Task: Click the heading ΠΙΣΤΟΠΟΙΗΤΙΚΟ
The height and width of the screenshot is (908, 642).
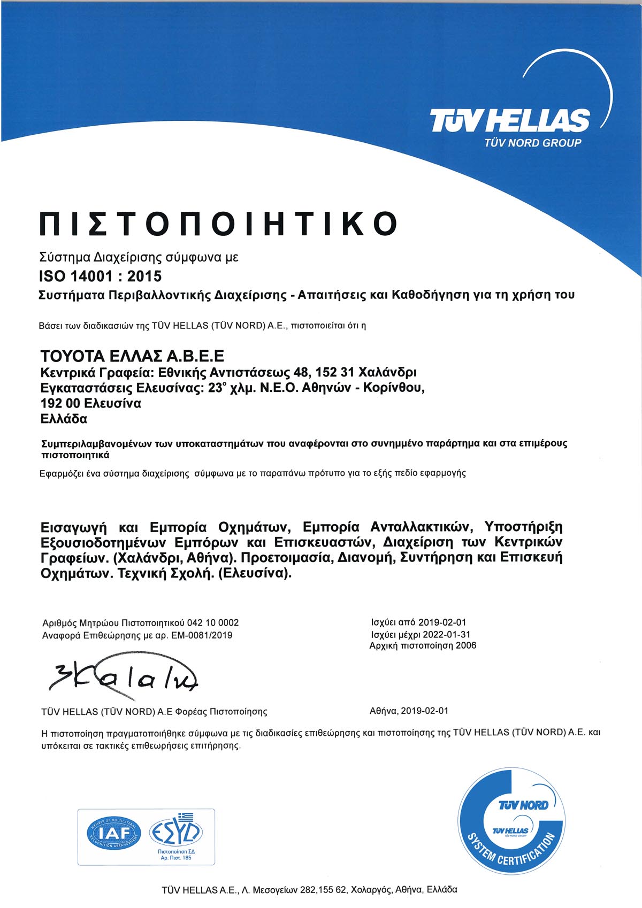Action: click(x=219, y=224)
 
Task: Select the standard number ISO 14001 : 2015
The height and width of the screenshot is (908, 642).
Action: click(x=101, y=276)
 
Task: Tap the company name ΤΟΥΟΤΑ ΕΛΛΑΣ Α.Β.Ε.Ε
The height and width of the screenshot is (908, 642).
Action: click(x=132, y=356)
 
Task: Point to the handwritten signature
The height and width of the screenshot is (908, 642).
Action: click(x=124, y=678)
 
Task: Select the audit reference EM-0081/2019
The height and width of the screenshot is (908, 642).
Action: click(x=202, y=635)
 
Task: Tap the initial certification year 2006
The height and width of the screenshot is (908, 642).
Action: click(x=465, y=645)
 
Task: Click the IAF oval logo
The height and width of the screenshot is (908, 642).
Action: click(x=114, y=833)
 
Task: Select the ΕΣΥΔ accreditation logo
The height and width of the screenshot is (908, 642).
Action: click(x=176, y=832)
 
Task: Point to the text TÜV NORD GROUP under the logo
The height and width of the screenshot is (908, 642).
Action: click(x=532, y=143)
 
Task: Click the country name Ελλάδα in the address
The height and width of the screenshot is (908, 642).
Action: click(x=64, y=419)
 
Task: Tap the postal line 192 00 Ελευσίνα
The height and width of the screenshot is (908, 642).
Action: click(x=91, y=403)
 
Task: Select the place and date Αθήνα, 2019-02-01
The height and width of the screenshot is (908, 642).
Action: click(x=409, y=711)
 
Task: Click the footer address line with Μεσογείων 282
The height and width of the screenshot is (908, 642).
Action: click(x=309, y=890)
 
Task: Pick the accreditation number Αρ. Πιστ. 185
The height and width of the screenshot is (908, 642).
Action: click(x=176, y=858)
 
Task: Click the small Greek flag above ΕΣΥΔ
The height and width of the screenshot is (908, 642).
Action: click(x=186, y=817)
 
